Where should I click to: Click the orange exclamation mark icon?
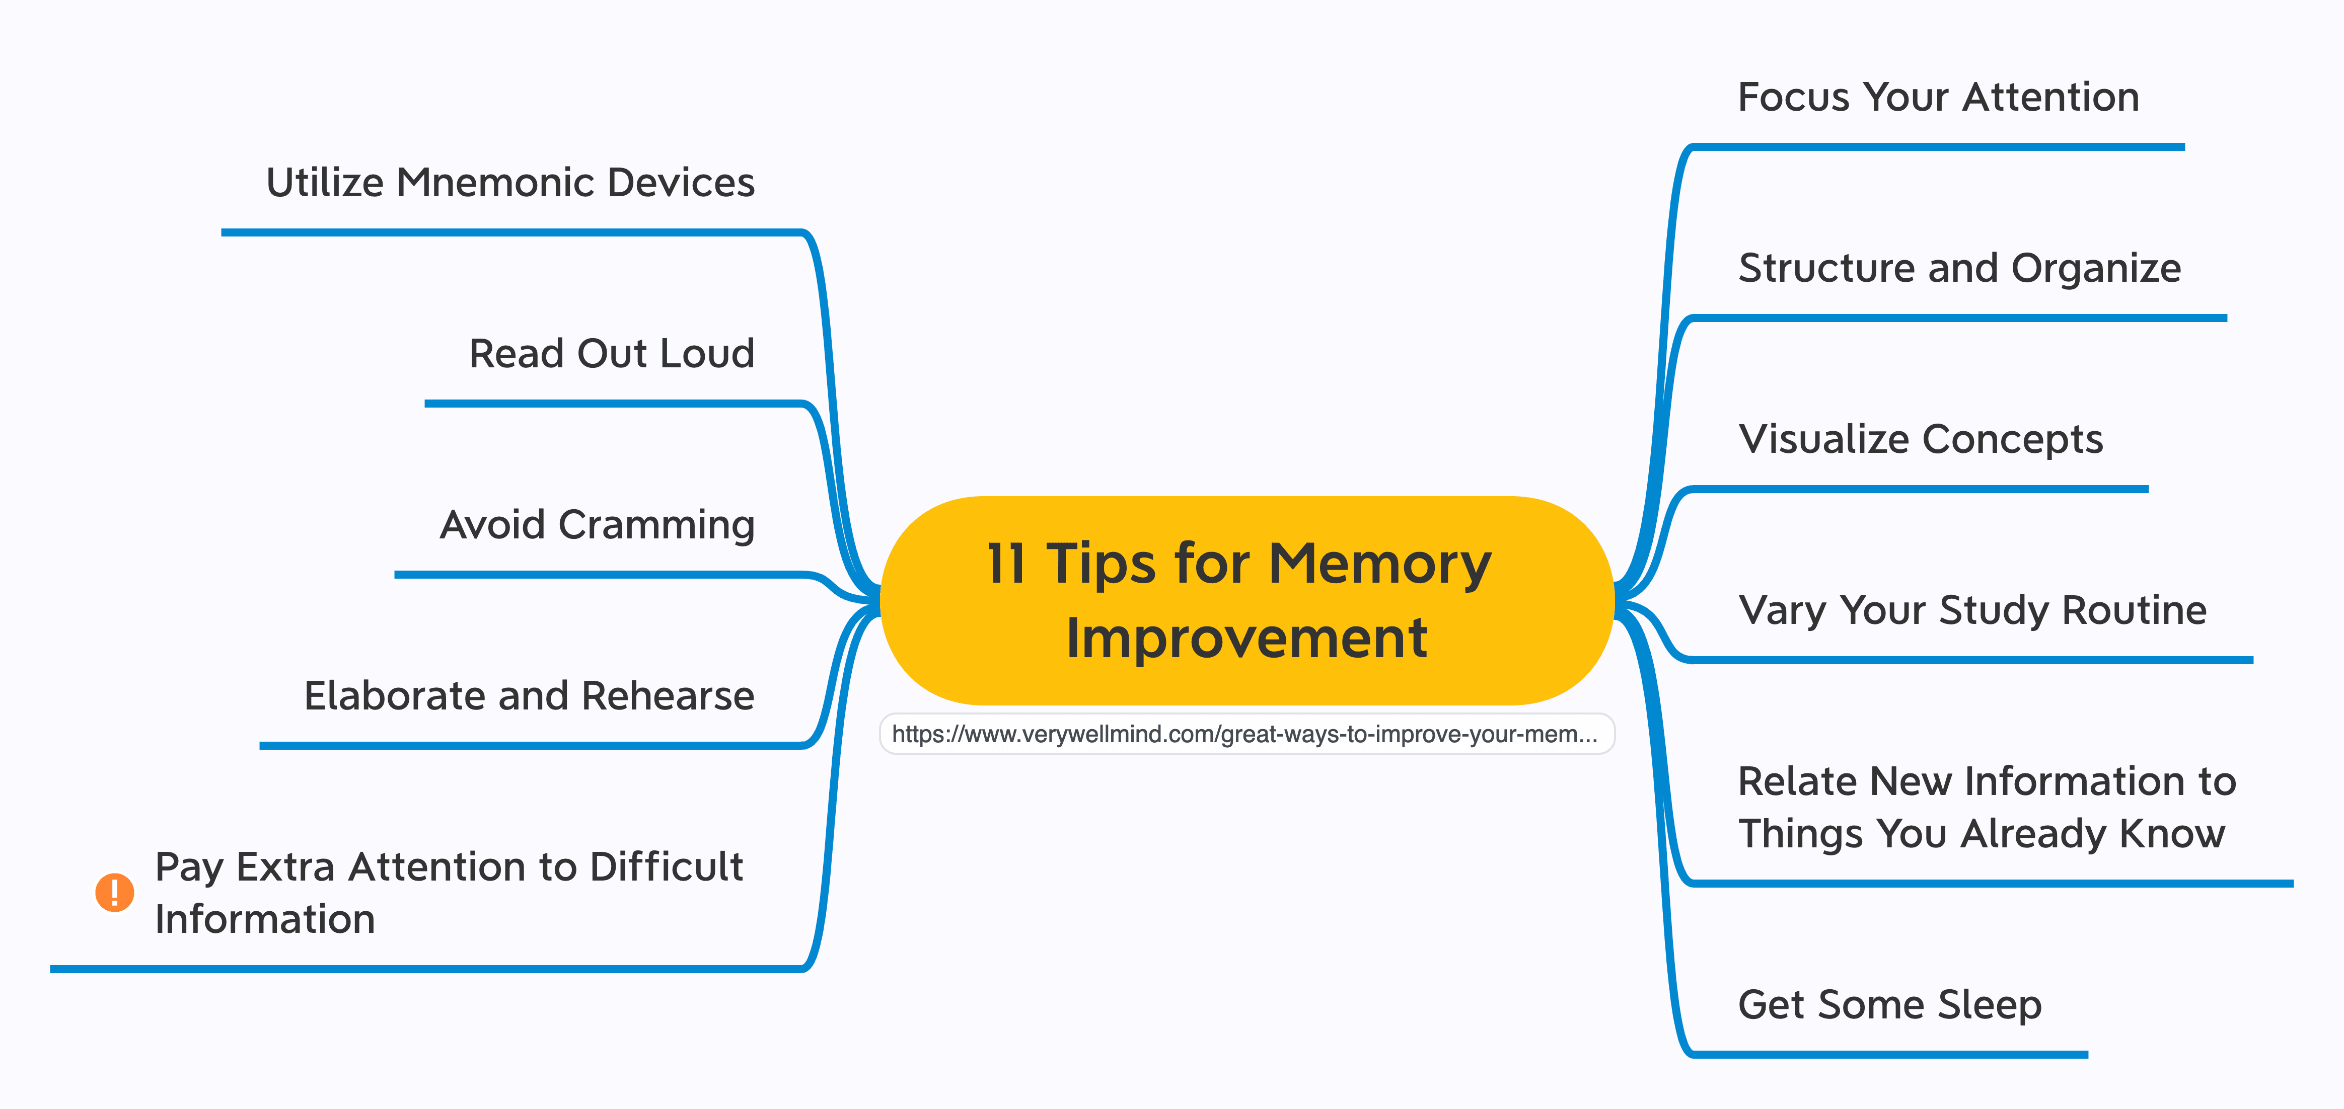click(x=115, y=893)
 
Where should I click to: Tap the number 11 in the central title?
click(x=1006, y=564)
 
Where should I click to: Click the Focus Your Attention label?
click(x=1938, y=97)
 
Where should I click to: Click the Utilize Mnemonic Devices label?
click(x=510, y=183)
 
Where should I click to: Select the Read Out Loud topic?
click(x=612, y=354)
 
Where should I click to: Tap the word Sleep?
click(x=1990, y=1005)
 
